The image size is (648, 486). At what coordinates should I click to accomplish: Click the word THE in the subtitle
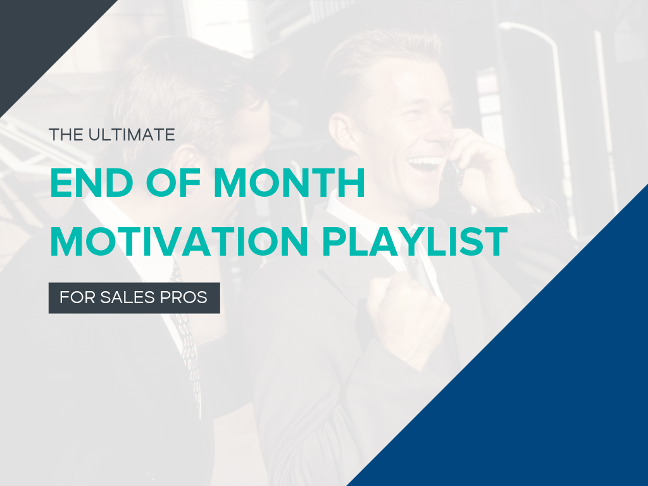[x=63, y=135]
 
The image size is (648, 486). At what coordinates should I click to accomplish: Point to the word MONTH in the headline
[x=290, y=184]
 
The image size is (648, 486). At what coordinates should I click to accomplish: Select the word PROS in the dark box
[x=188, y=297]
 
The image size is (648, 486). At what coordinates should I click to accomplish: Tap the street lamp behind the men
[x=538, y=38]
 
